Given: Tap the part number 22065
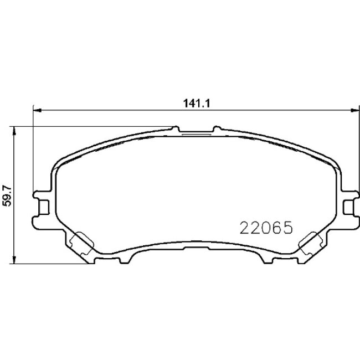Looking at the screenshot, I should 265,228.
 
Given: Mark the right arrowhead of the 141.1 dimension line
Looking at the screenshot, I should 352,109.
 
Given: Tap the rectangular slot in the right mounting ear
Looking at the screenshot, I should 348,207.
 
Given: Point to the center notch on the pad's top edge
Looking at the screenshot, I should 197,131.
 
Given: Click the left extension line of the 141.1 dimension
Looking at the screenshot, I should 34,150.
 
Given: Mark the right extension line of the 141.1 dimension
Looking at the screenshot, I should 356,150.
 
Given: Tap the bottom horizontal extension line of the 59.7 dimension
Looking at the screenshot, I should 50,264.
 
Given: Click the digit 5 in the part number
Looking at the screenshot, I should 286,228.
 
